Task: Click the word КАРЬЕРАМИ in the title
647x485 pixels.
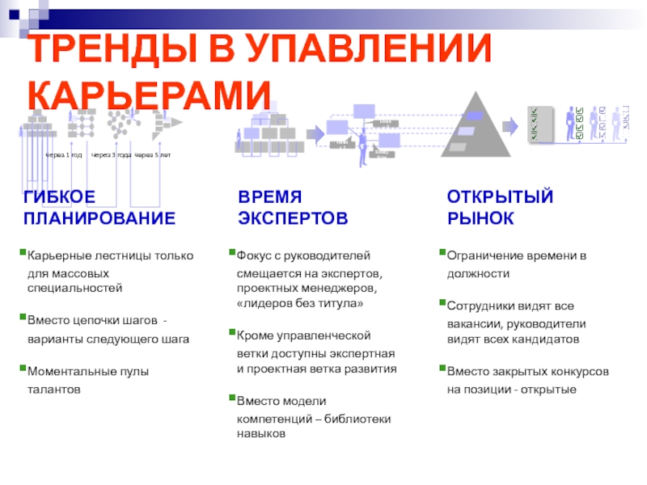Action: [150, 95]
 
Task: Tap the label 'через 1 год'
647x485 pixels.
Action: [63, 155]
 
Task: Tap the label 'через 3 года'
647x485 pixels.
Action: [111, 155]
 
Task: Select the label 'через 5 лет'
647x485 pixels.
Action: [153, 155]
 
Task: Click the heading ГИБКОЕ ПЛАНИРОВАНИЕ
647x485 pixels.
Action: [99, 208]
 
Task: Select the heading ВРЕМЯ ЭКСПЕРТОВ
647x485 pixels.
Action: [293, 208]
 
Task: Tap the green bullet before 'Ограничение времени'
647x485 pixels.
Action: [442, 254]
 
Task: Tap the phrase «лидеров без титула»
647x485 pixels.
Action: [301, 304]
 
